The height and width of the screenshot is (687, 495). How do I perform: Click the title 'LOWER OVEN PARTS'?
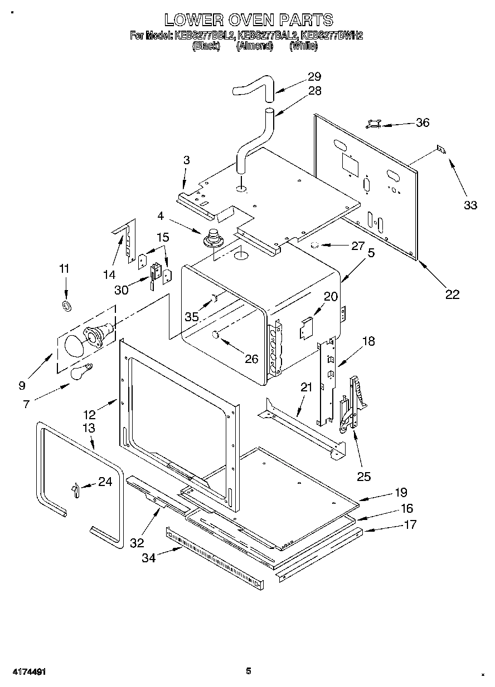click(x=249, y=21)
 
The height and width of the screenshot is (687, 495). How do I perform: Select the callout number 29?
click(x=314, y=77)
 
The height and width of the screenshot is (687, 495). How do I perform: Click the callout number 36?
click(x=423, y=122)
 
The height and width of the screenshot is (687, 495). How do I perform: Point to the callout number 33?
click(x=470, y=205)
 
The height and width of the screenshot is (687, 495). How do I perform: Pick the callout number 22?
click(x=452, y=295)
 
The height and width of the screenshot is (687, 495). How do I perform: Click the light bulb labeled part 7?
click(x=81, y=372)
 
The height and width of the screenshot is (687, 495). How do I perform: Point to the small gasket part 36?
click(x=373, y=124)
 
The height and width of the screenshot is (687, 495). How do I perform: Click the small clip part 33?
click(x=441, y=149)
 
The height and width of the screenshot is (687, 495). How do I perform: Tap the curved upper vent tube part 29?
click(x=254, y=89)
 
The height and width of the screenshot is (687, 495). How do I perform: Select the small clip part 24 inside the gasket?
click(x=74, y=488)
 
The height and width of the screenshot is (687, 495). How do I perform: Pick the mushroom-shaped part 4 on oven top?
click(x=213, y=239)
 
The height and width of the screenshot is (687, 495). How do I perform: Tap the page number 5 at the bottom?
click(x=249, y=671)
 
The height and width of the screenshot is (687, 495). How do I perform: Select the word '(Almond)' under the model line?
click(x=255, y=47)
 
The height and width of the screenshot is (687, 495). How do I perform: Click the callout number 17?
click(x=410, y=524)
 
